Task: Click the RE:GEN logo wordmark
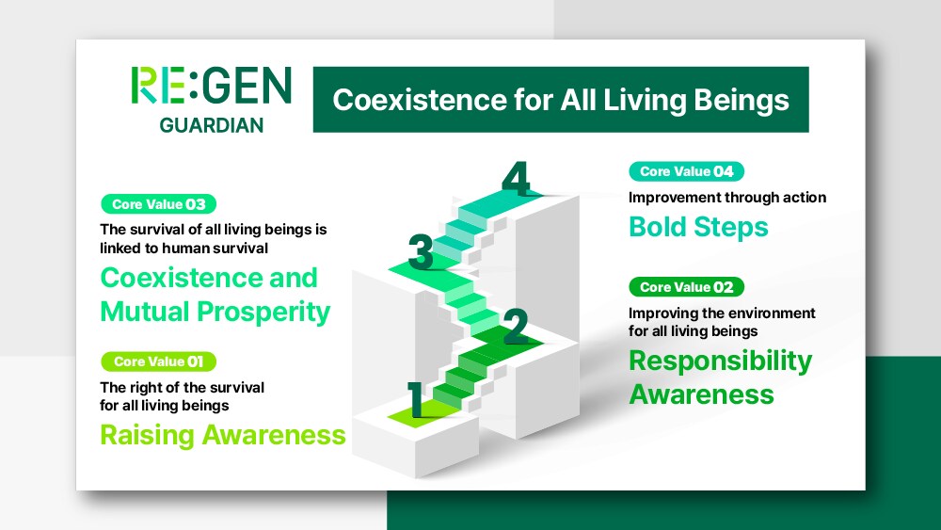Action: click(211, 86)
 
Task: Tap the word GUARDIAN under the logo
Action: click(211, 125)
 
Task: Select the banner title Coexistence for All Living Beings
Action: click(561, 100)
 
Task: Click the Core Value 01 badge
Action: click(158, 361)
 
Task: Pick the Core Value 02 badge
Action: click(687, 287)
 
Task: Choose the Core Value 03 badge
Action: click(158, 204)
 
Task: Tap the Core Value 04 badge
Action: click(687, 171)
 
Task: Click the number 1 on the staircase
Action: click(416, 400)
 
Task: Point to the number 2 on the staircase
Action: click(516, 327)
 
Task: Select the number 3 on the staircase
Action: click(421, 251)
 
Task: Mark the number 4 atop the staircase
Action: click(516, 178)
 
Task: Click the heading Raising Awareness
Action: click(223, 435)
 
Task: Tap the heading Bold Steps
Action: click(698, 228)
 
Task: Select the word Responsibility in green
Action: click(720, 361)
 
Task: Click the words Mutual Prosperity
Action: click(215, 313)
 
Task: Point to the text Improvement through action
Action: click(727, 198)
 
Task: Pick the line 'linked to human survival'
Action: click(184, 249)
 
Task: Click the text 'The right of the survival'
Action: click(183, 387)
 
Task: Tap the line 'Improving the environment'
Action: click(722, 313)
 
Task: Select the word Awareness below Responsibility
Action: click(702, 395)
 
